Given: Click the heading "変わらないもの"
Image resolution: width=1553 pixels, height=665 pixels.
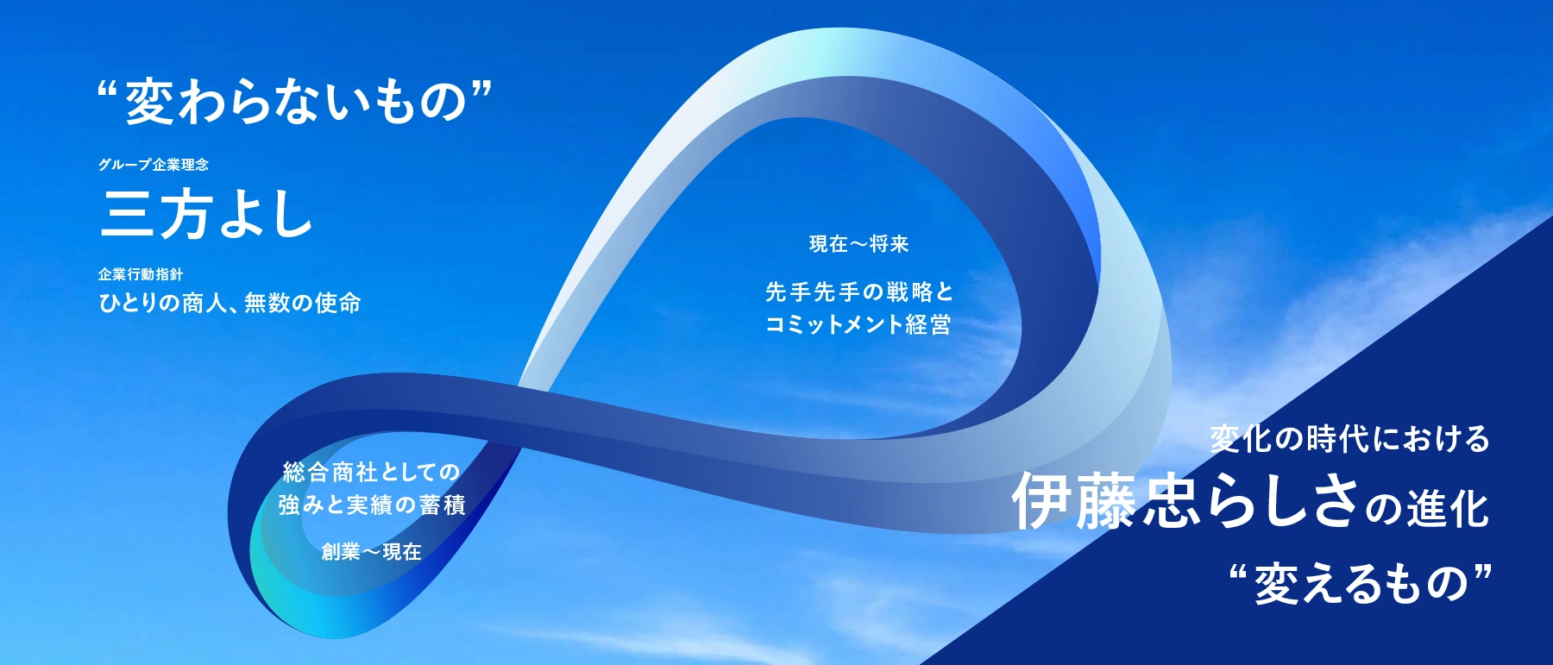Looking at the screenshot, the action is click(x=295, y=101).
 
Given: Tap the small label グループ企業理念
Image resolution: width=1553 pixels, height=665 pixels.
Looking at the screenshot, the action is click(x=154, y=165).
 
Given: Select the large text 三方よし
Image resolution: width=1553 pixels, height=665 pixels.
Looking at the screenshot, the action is click(x=206, y=213).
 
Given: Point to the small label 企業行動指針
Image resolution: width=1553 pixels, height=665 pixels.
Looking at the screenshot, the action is click(x=141, y=274).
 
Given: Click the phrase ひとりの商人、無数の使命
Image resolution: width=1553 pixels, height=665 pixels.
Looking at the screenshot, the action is click(x=229, y=303).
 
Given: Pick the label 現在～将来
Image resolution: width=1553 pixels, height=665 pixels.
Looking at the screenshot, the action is click(x=859, y=244).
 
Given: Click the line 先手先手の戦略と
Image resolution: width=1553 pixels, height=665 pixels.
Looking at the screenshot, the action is click(x=859, y=292).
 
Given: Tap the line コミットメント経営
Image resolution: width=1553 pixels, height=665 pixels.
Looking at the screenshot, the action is click(x=858, y=324).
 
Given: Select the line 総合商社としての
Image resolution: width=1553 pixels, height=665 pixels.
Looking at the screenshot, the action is click(x=371, y=472).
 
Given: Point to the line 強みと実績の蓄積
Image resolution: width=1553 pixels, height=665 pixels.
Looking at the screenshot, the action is click(x=372, y=505).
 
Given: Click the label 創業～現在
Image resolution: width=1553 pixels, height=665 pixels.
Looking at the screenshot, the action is click(x=371, y=551).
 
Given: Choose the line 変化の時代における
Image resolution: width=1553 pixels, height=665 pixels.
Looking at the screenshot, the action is click(x=1349, y=439).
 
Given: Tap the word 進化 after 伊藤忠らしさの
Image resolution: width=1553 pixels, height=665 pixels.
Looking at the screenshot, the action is click(x=1448, y=507).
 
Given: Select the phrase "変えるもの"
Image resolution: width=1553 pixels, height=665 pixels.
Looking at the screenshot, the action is click(x=1361, y=583).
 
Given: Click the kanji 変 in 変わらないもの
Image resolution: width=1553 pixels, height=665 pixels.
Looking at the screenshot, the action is click(x=151, y=101).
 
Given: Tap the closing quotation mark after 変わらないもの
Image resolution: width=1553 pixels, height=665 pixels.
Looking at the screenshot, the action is click(x=482, y=89).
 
